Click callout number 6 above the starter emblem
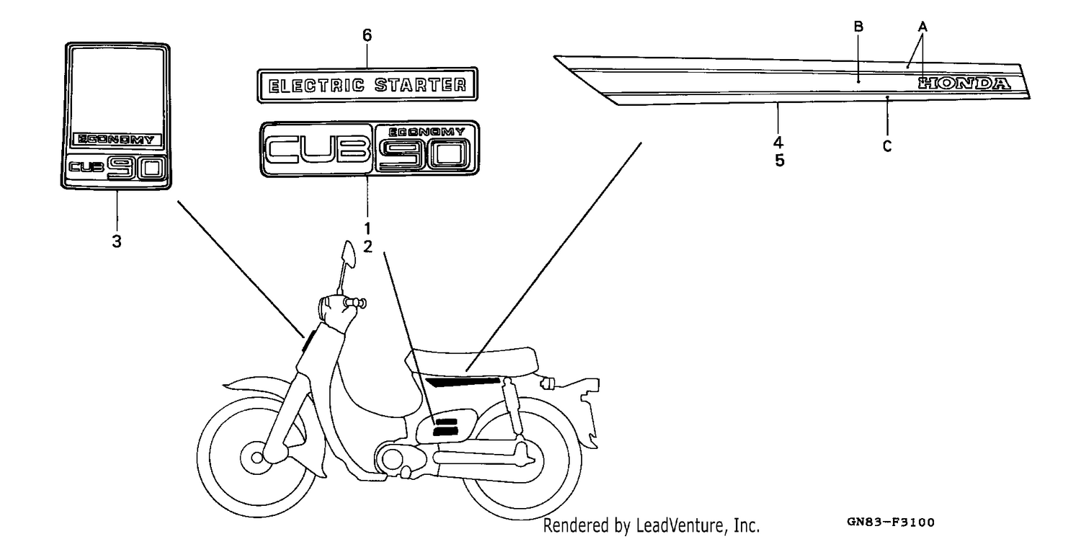tap(368, 35)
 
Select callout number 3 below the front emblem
tap(117, 241)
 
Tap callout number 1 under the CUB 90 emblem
tap(368, 228)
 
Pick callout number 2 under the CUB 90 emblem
tap(368, 246)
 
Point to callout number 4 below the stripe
tap(778, 143)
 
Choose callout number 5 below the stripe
tap(779, 160)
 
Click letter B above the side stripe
tap(858, 27)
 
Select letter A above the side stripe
tap(922, 26)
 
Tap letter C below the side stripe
tap(887, 146)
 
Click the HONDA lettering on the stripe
tap(964, 84)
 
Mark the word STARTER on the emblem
tap(420, 85)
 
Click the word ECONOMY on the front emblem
tap(116, 140)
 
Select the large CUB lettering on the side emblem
tap(316, 149)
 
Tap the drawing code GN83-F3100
tap(890, 522)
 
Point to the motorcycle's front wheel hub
tap(257, 456)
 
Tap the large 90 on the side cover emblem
tap(424, 154)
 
